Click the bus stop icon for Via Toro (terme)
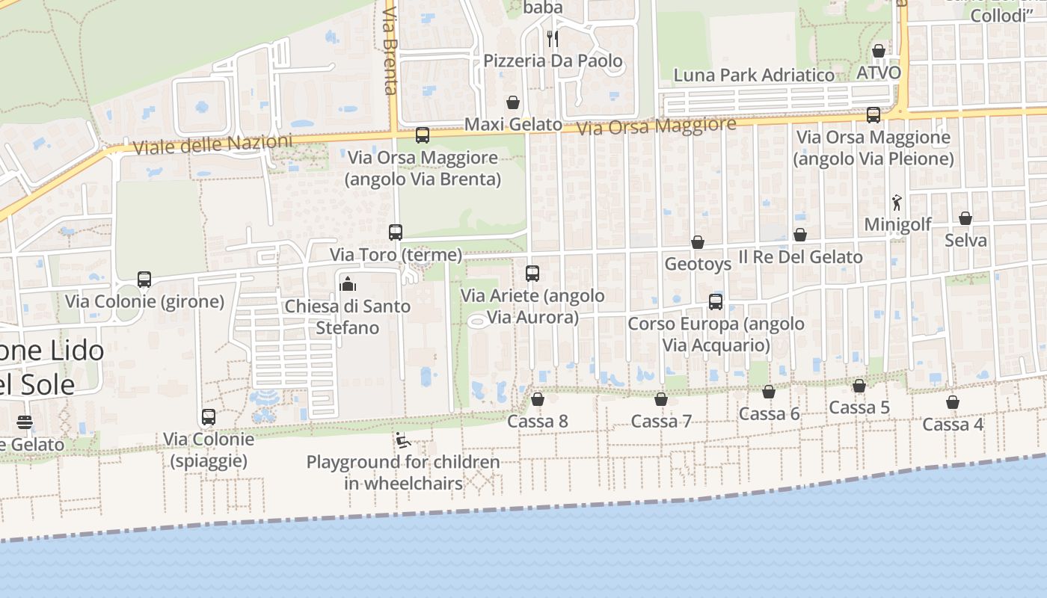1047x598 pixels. pyautogui.click(x=396, y=232)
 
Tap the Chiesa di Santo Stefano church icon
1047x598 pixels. pyautogui.click(x=347, y=284)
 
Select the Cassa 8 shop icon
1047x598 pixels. pyautogui.click(x=537, y=400)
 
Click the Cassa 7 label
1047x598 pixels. pyautogui.click(x=660, y=422)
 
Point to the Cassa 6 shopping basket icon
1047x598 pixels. pyautogui.click(x=769, y=392)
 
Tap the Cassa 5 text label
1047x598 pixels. pyautogui.click(x=859, y=408)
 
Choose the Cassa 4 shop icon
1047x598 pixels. pyautogui.click(x=953, y=403)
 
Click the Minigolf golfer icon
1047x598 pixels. pyautogui.click(x=897, y=202)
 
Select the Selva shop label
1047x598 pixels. pyautogui.click(x=965, y=241)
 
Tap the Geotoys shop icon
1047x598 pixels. pyautogui.click(x=698, y=242)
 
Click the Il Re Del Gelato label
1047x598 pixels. pyautogui.click(x=800, y=257)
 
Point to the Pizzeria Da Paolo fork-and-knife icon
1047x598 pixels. pyautogui.click(x=552, y=38)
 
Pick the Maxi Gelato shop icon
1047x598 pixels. pyautogui.click(x=513, y=102)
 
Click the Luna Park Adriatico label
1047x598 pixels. pyautogui.click(x=754, y=75)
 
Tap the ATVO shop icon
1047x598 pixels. pyautogui.click(x=879, y=51)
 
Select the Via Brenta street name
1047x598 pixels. pyautogui.click(x=389, y=51)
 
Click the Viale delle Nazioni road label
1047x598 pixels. pyautogui.click(x=213, y=144)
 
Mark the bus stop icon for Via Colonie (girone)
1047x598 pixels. pyautogui.click(x=144, y=280)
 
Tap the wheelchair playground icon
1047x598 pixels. pyautogui.click(x=402, y=440)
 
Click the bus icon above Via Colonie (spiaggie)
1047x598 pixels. pyautogui.click(x=209, y=417)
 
